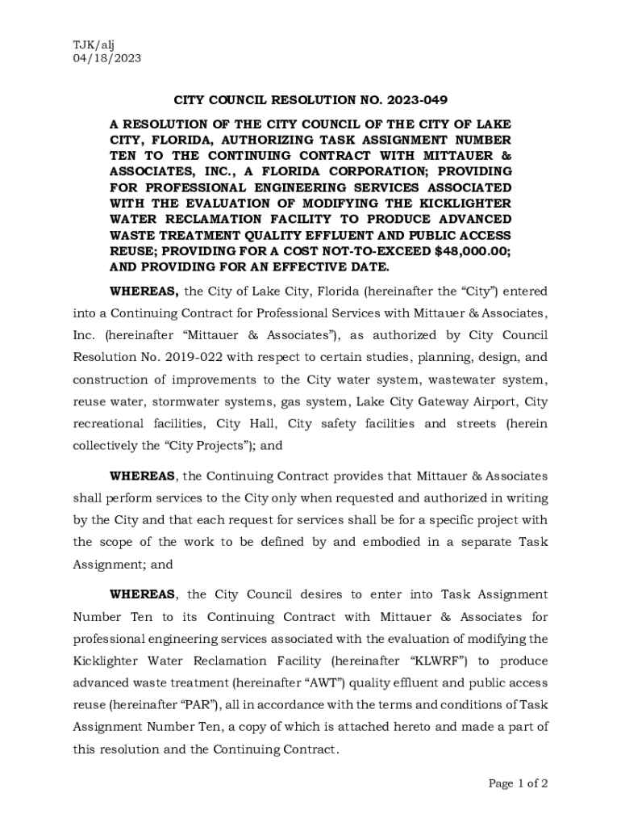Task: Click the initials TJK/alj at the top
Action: click(x=94, y=44)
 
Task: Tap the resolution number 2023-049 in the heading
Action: click(x=417, y=100)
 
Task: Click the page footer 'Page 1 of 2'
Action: click(x=518, y=783)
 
